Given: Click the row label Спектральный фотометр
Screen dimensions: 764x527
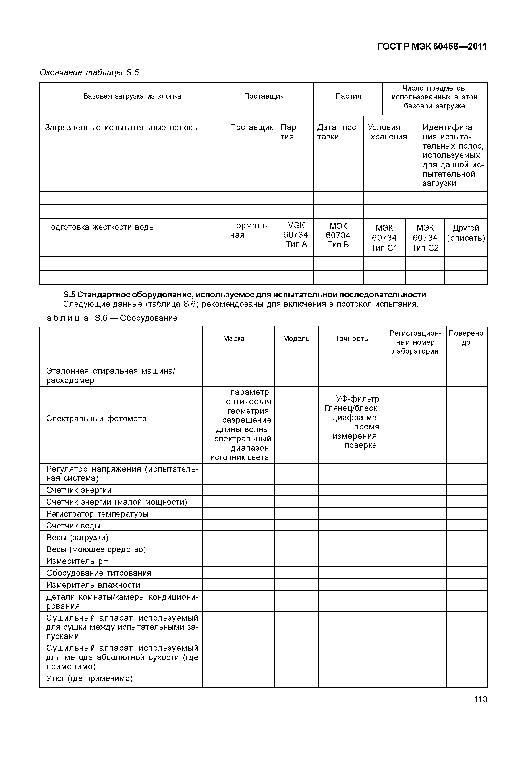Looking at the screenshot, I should [96, 419].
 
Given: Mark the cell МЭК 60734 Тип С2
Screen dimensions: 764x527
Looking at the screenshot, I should [425, 238].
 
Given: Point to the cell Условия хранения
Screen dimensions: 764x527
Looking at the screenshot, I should [388, 132].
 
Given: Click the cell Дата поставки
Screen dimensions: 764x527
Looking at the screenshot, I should [338, 132].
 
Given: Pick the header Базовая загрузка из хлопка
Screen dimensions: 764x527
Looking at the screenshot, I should [132, 96].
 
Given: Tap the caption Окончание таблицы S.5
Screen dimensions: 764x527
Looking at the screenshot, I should [89, 72].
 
